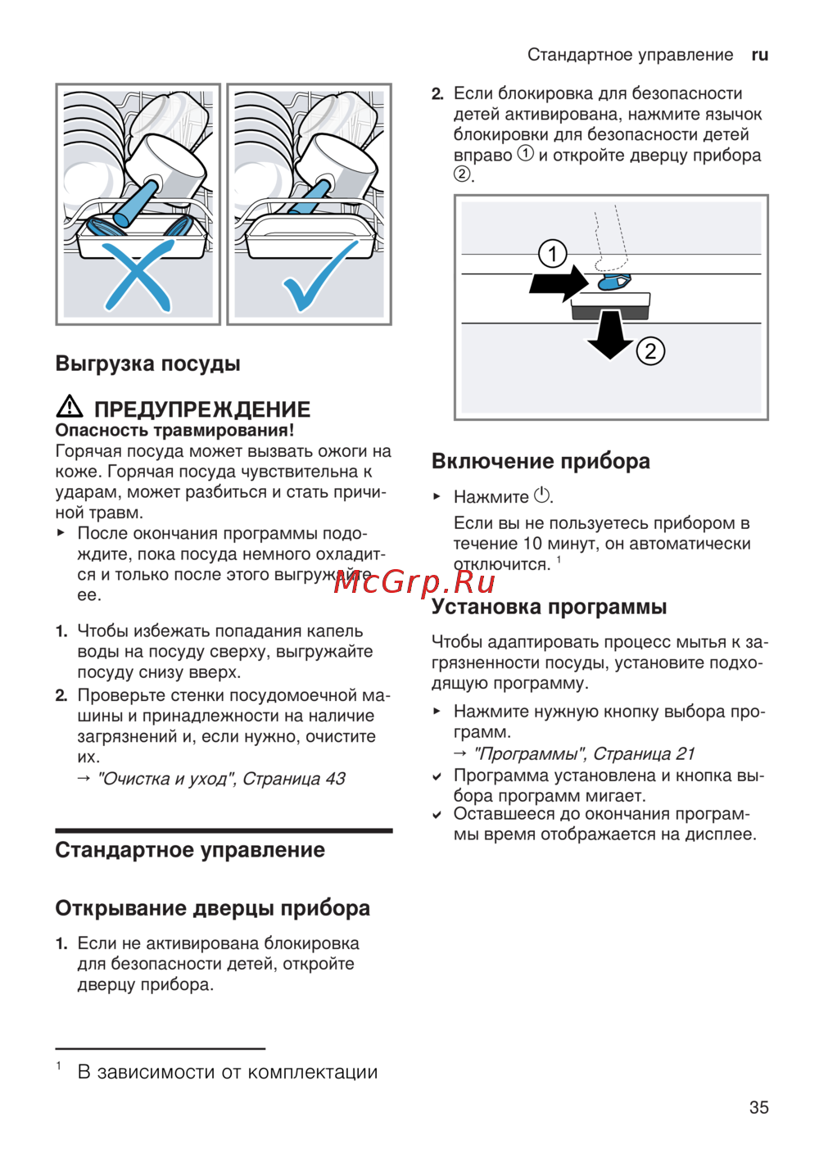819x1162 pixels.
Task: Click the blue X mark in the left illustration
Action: pyautogui.click(x=137, y=275)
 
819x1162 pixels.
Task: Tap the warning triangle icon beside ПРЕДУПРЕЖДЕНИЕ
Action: pyautogui.click(x=70, y=406)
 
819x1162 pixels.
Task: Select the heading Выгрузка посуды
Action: pyautogui.click(x=147, y=364)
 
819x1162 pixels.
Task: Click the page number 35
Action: pyautogui.click(x=758, y=1107)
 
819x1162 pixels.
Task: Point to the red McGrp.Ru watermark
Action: pyautogui.click(x=414, y=581)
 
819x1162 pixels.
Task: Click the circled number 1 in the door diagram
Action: pyautogui.click(x=553, y=254)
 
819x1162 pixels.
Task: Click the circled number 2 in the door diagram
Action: pyautogui.click(x=650, y=351)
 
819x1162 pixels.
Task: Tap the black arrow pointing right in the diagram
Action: pyautogui.click(x=559, y=283)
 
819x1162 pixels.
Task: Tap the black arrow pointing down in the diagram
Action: pyautogui.click(x=610, y=335)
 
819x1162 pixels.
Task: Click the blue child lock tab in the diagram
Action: pyautogui.click(x=613, y=283)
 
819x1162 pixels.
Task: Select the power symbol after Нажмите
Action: pyautogui.click(x=542, y=495)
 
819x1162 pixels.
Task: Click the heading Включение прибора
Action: pyautogui.click(x=541, y=461)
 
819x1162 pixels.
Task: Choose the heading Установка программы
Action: pyautogui.click(x=549, y=607)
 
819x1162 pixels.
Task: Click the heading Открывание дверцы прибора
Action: pyautogui.click(x=212, y=908)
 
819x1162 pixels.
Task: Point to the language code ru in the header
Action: pyautogui.click(x=759, y=55)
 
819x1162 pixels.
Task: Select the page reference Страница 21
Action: pyautogui.click(x=644, y=753)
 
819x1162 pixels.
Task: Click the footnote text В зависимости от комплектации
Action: pyautogui.click(x=227, y=1072)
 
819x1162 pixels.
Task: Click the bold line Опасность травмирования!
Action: pyautogui.click(x=174, y=430)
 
